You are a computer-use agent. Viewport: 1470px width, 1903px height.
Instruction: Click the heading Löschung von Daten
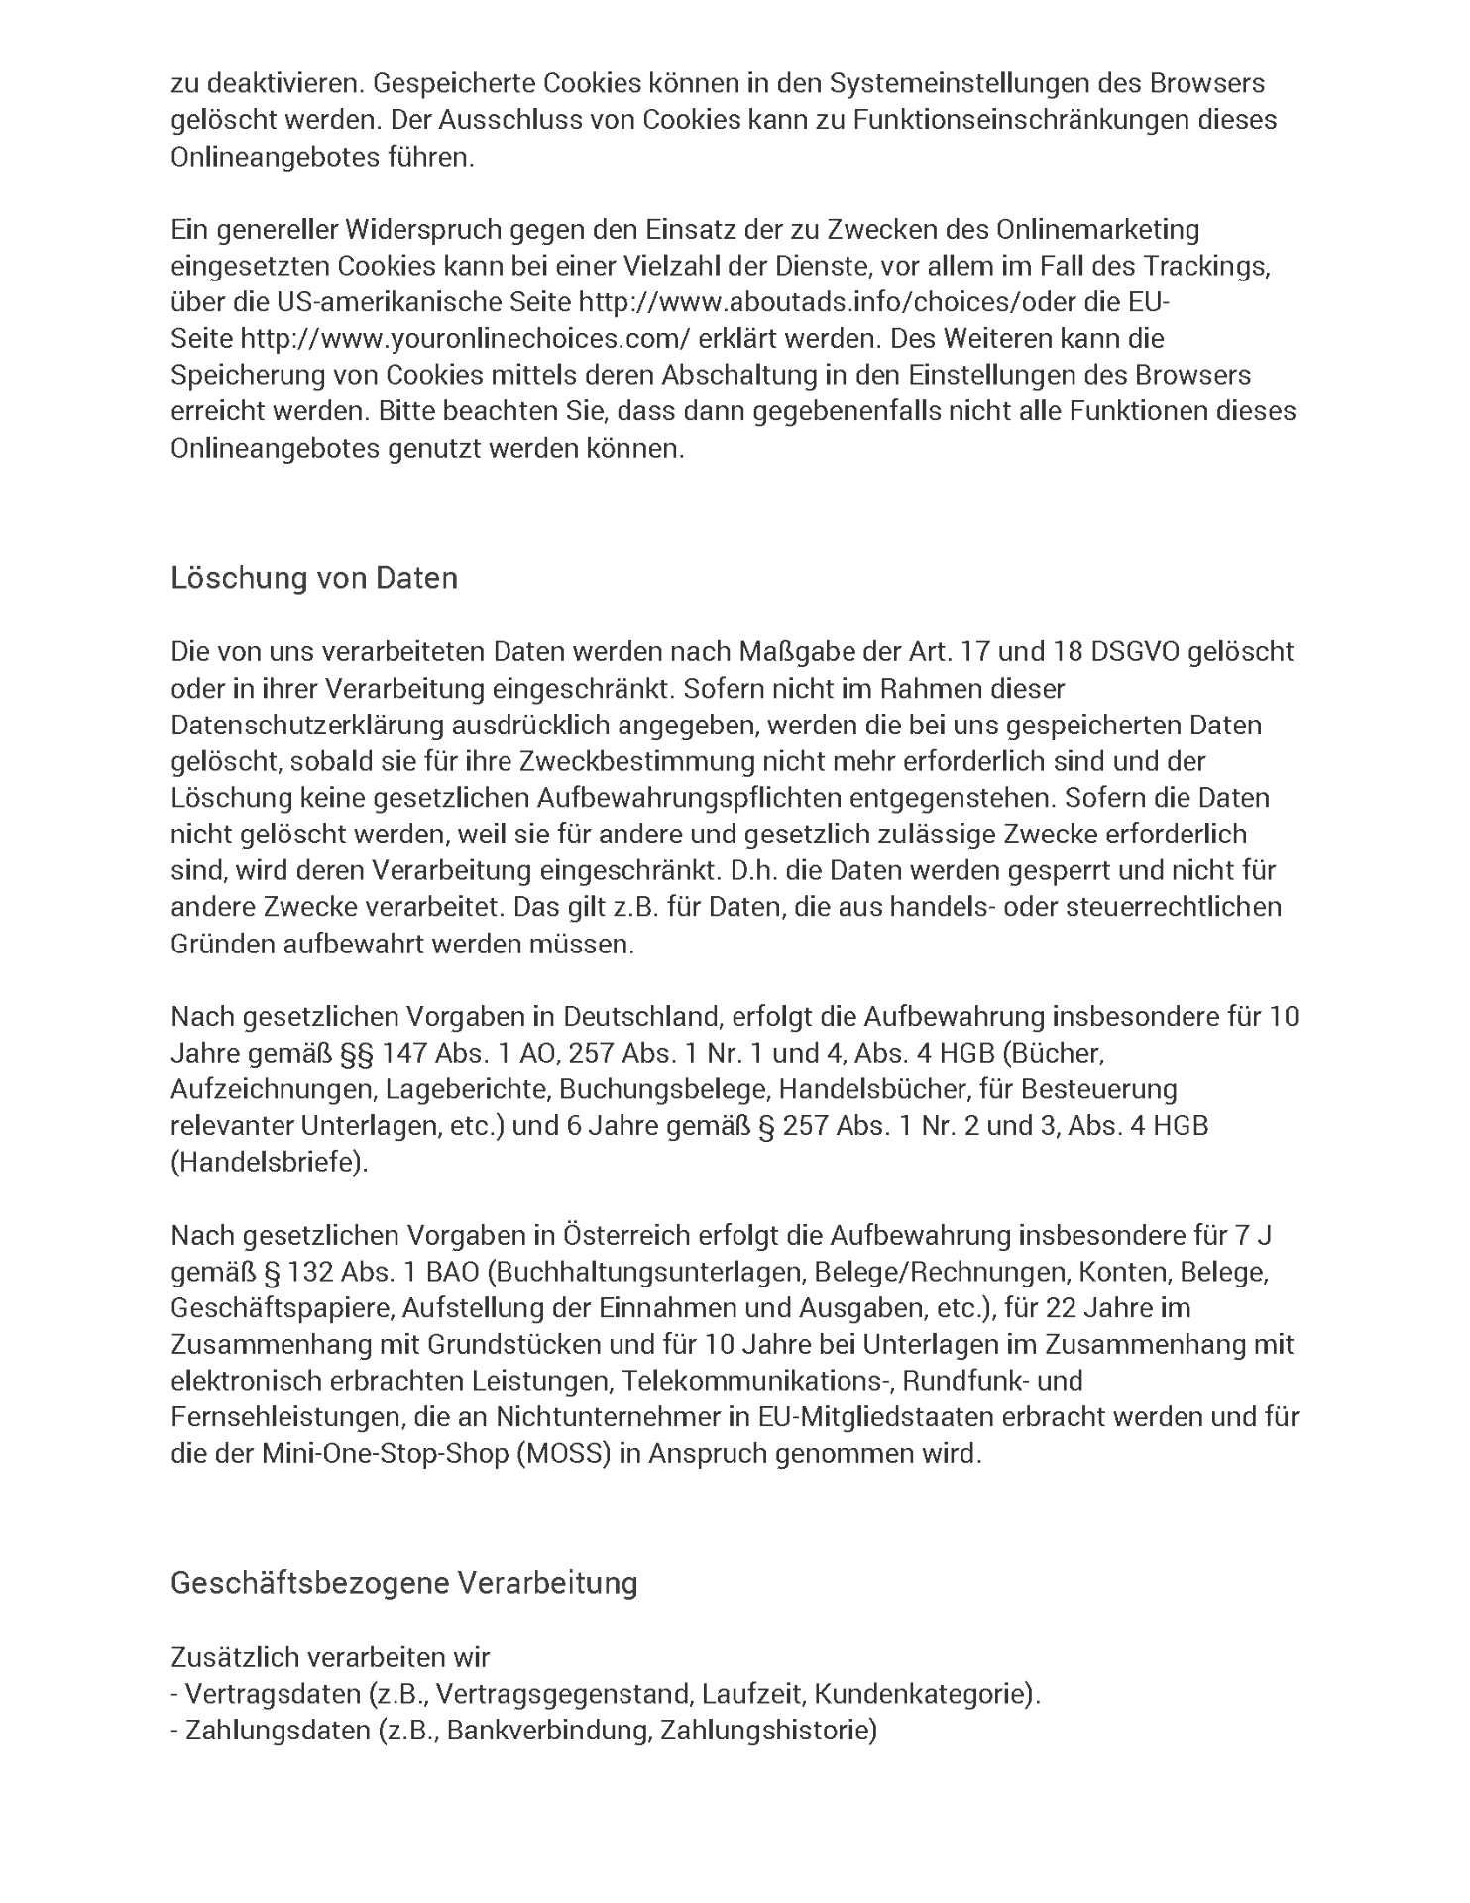pyautogui.click(x=314, y=578)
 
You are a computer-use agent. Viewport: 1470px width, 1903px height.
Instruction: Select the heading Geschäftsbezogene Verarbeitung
pyautogui.click(x=403, y=1582)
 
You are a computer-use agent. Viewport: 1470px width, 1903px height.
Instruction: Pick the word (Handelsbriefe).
pyautogui.click(x=270, y=1163)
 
